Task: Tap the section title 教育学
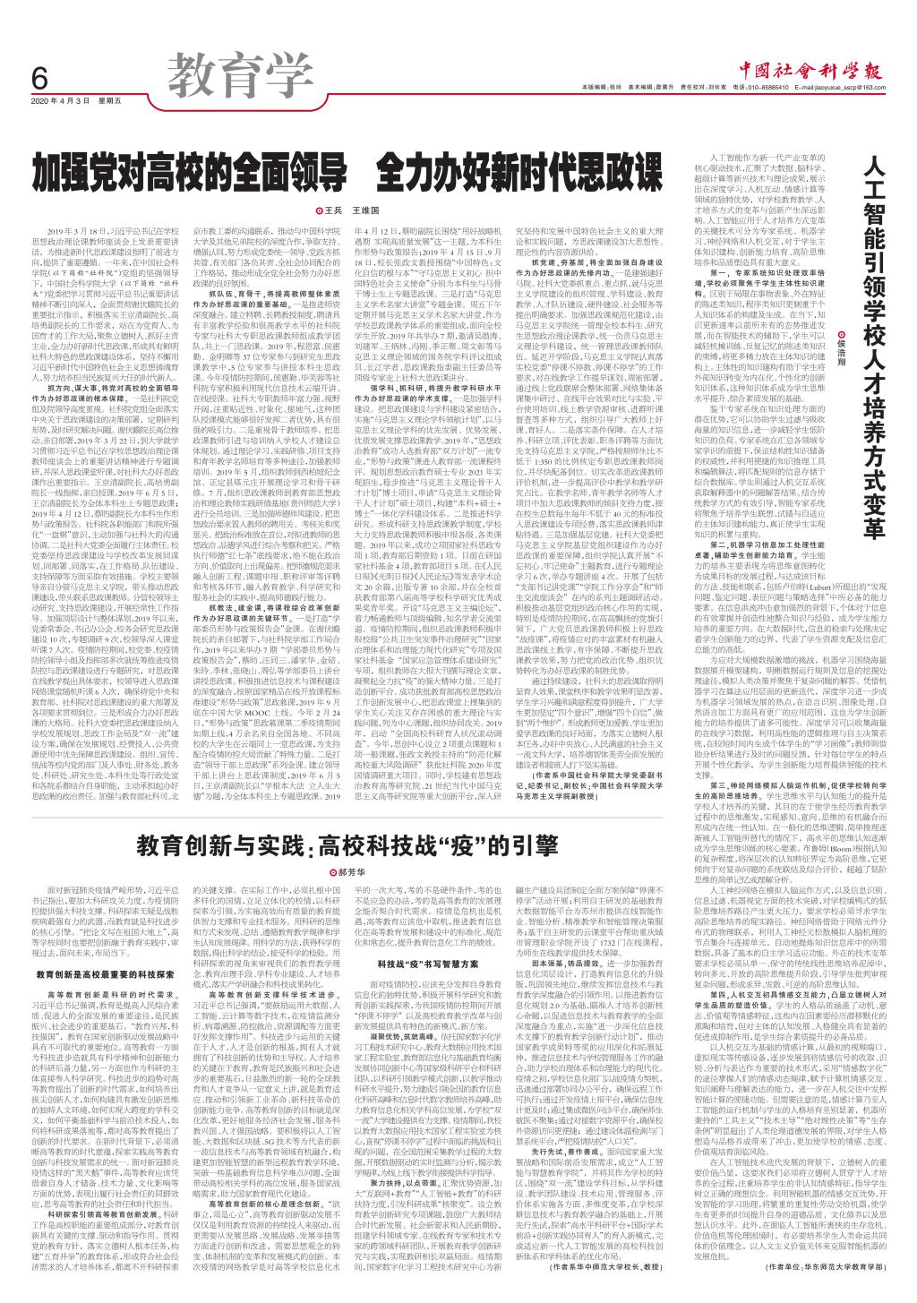pos(223,67)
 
